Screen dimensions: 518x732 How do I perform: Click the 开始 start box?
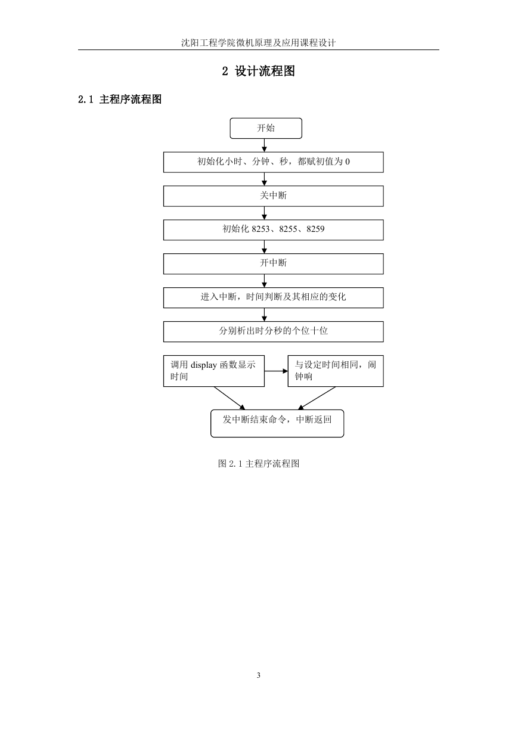coord(266,128)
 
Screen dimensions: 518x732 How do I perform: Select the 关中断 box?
coord(273,196)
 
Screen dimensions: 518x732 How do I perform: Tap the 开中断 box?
coord(273,263)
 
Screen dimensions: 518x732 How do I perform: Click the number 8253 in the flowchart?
coord(260,229)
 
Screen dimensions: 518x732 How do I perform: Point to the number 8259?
coord(315,229)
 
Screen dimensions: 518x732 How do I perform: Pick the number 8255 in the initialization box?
coord(288,229)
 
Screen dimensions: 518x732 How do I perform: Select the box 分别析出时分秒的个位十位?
coord(273,331)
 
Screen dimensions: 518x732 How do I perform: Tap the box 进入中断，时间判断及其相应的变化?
coord(273,297)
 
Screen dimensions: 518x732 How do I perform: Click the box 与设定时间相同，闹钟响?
coord(336,371)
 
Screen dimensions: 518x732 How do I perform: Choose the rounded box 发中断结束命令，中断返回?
coord(277,423)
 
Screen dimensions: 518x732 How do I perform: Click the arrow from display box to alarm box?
coord(276,371)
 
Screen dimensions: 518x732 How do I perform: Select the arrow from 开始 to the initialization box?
coord(265,145)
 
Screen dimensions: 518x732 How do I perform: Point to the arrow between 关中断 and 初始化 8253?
coord(265,213)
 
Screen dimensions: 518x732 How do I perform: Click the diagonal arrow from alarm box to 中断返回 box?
coord(317,398)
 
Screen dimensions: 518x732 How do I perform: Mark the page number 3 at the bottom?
coord(259,675)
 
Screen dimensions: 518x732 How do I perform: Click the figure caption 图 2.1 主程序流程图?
coord(259,463)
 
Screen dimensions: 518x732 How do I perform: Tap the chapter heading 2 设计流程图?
coord(258,71)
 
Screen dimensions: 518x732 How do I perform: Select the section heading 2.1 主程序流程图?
coord(120,99)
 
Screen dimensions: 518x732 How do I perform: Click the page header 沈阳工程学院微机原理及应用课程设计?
coord(259,43)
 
